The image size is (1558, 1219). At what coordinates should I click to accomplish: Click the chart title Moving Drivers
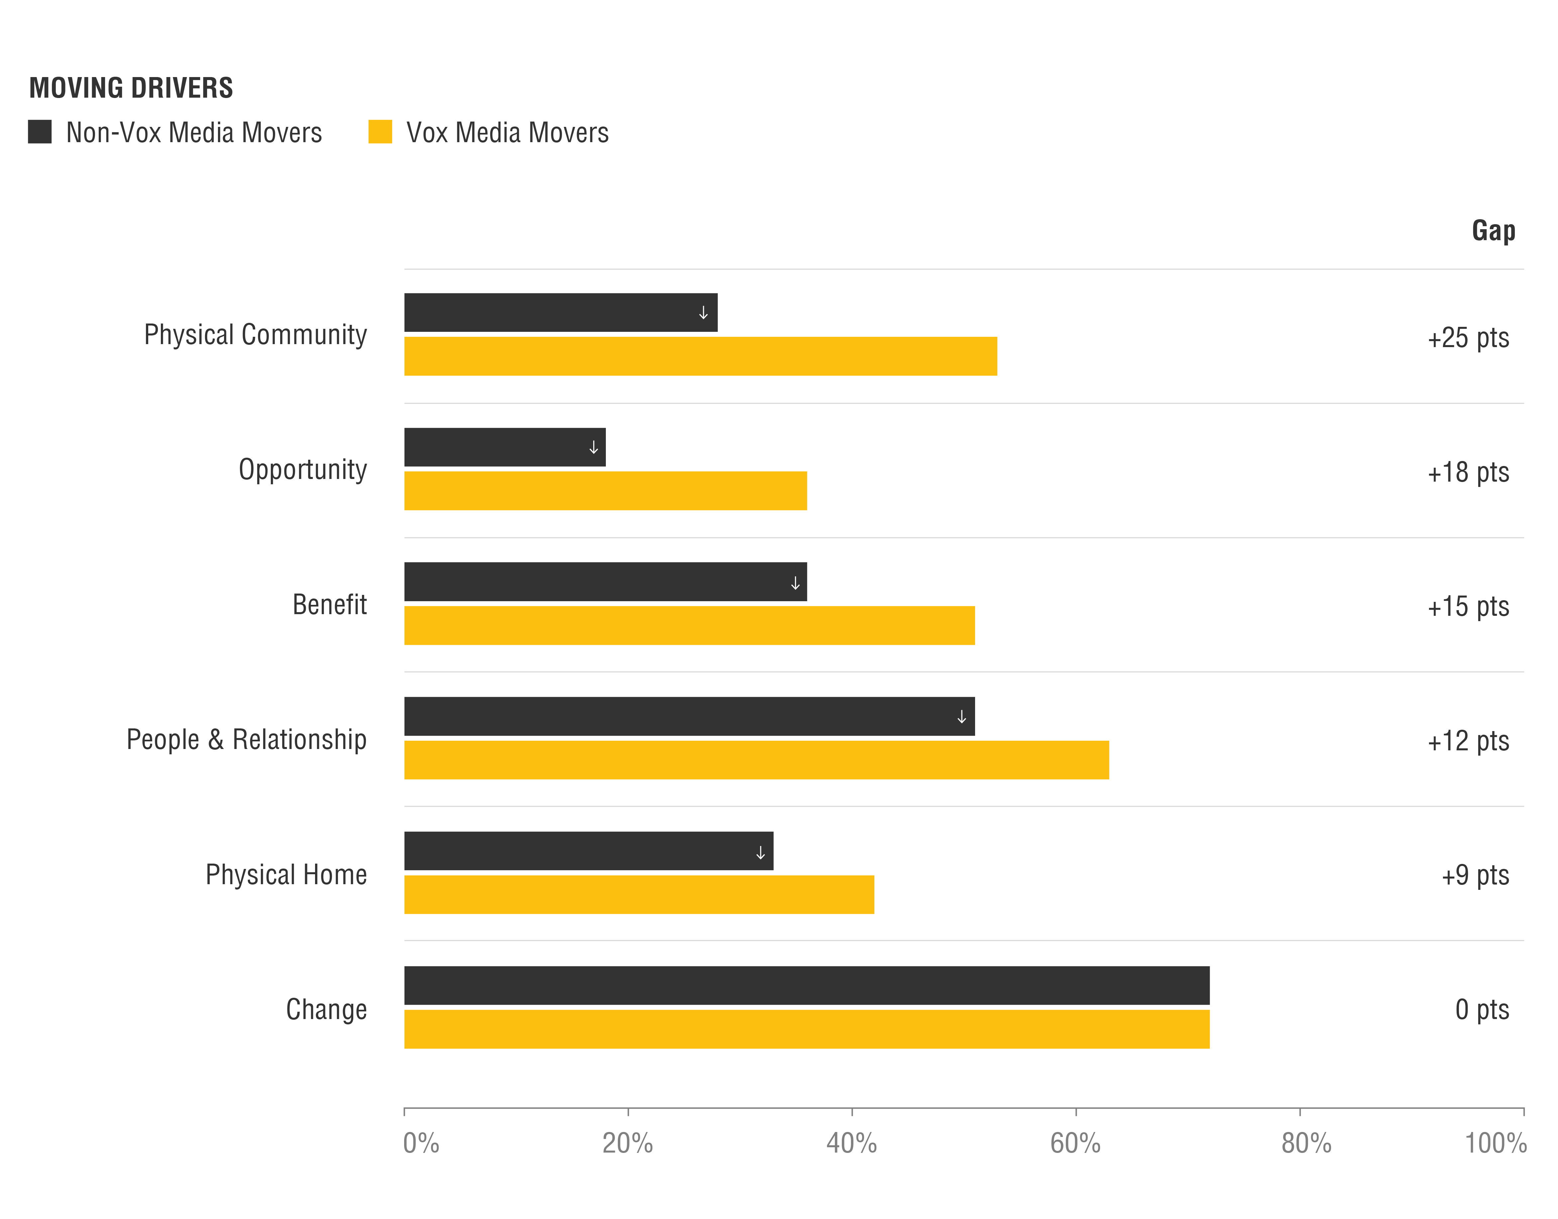point(131,88)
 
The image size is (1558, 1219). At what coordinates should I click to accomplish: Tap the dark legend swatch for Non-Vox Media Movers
point(40,132)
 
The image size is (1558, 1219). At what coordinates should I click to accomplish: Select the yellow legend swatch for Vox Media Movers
point(380,132)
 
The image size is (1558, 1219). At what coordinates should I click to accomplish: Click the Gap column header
point(1493,231)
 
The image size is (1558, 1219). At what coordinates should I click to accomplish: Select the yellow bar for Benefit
point(689,625)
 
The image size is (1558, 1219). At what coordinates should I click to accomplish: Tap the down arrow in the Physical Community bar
point(703,313)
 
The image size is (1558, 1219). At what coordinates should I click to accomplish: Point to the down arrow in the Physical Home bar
point(760,852)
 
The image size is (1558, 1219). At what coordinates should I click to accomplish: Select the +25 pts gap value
point(1468,337)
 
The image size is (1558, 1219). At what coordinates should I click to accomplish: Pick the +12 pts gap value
point(1468,741)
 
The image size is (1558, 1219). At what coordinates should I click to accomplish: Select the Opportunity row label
point(303,470)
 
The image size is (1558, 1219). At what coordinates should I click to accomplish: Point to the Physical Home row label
point(286,874)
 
